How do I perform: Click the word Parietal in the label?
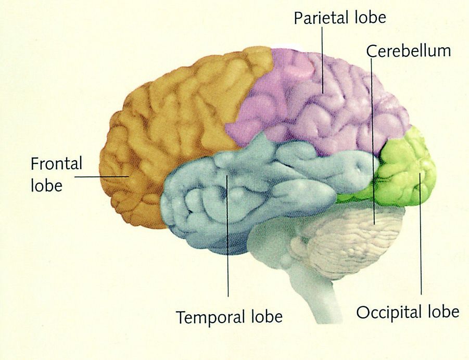321,18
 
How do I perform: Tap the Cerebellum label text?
409,51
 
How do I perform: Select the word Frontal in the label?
56,164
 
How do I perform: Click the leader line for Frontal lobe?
102,176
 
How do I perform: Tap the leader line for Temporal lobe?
227,236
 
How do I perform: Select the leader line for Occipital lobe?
420,234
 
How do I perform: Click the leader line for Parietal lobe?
322,60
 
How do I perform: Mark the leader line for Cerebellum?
373,141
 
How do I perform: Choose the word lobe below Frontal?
47,185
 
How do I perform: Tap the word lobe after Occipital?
442,312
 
